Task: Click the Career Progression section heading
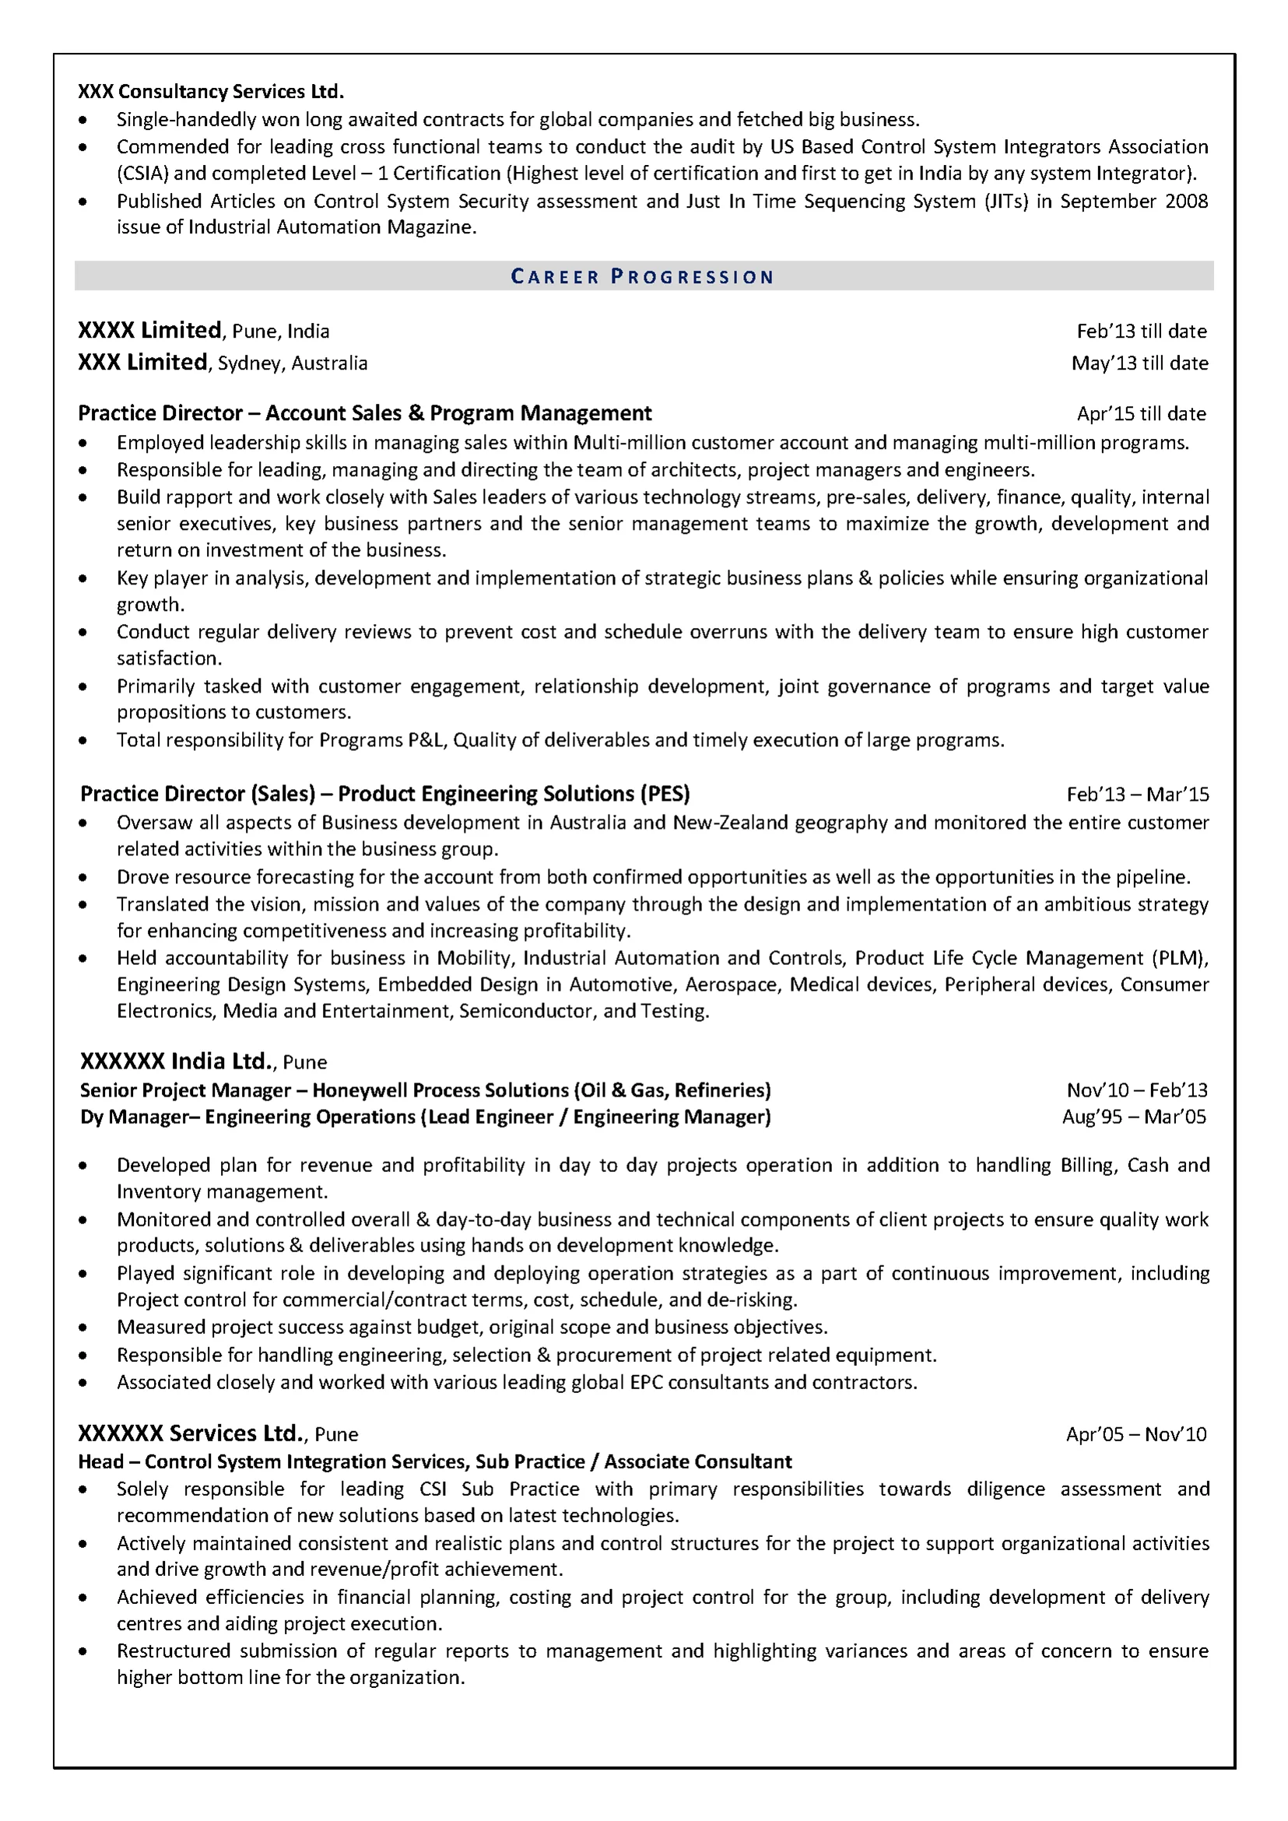(x=642, y=277)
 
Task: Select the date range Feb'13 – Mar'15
(x=1137, y=794)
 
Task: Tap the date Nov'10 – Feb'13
(x=1135, y=1089)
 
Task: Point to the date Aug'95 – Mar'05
(x=1134, y=1117)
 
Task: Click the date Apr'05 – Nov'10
(x=1135, y=1433)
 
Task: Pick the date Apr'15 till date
(x=1141, y=413)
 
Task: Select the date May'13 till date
(x=1139, y=363)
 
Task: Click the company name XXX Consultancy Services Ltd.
(x=211, y=92)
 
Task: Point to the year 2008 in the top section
(x=1187, y=201)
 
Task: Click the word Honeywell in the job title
(x=360, y=1089)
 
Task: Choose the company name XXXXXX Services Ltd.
(x=191, y=1433)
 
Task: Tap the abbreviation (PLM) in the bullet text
(x=1179, y=957)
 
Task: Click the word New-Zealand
(x=719, y=823)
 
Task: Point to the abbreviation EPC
(x=646, y=1381)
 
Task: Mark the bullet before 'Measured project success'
(x=83, y=1328)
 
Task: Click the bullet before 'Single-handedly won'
(x=83, y=121)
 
